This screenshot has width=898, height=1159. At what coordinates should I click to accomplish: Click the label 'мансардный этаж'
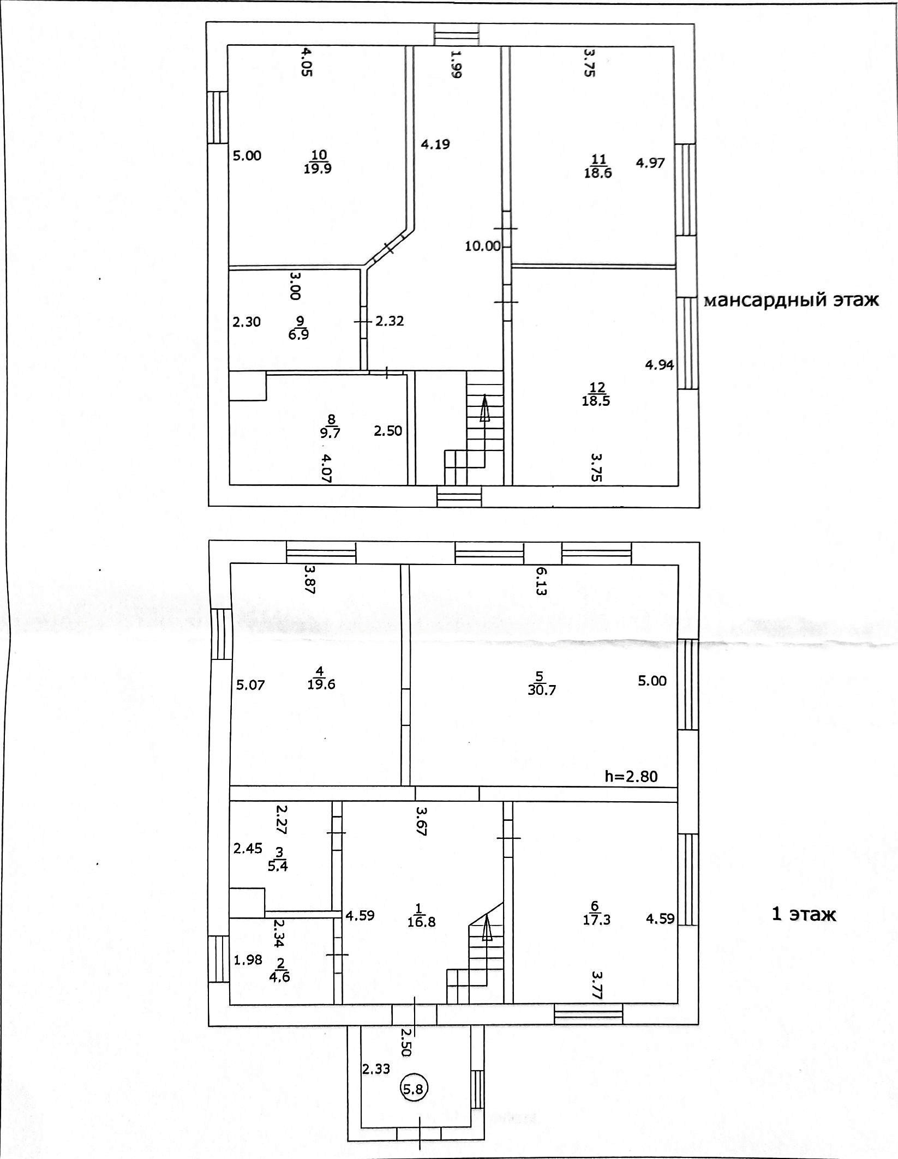click(791, 301)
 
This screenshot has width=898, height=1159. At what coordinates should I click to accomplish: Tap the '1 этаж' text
click(804, 914)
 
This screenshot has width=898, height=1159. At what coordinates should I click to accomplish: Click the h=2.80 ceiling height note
click(631, 776)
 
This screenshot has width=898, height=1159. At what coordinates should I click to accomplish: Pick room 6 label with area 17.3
click(596, 914)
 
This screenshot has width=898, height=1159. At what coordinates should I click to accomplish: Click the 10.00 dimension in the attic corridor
click(482, 246)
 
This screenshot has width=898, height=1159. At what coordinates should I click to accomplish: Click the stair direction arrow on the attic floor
click(484, 409)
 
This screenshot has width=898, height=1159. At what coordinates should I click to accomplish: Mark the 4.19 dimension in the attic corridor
click(435, 144)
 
